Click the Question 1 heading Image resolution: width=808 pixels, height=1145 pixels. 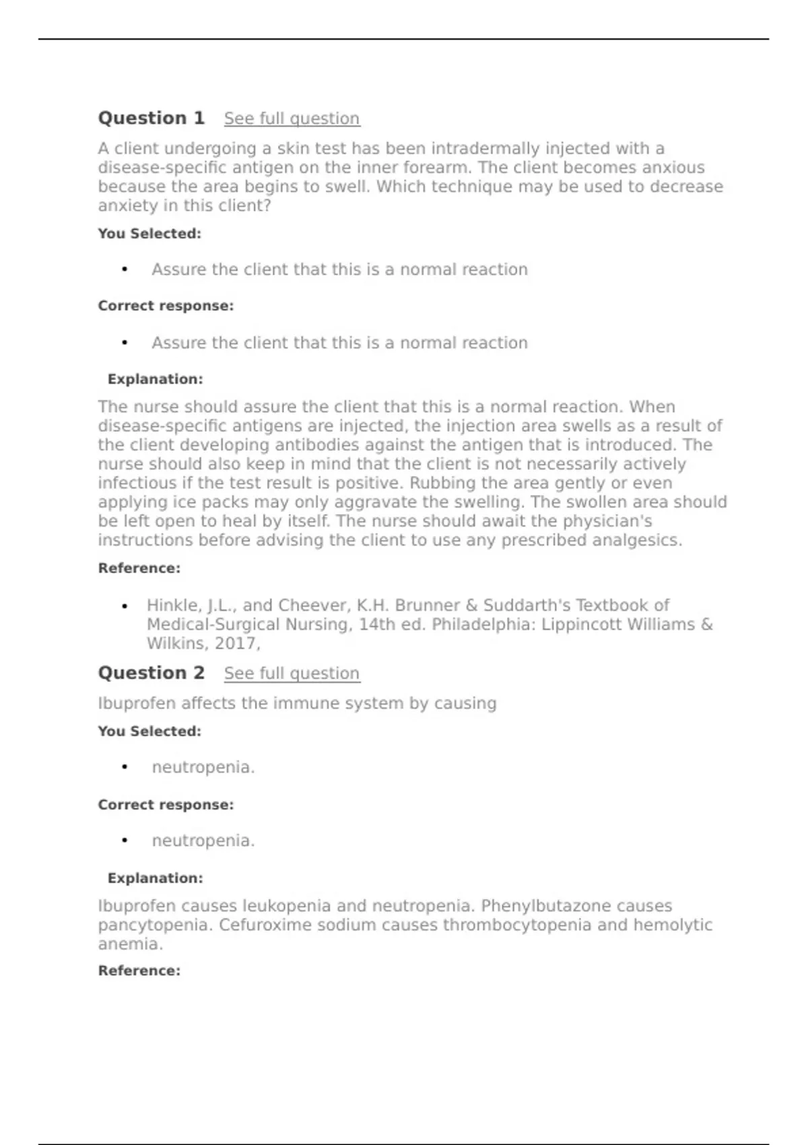coord(151,118)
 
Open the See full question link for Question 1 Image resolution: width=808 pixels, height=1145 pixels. coord(292,119)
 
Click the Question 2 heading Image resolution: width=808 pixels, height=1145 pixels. coord(151,673)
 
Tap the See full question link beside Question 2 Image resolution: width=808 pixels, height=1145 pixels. coord(292,674)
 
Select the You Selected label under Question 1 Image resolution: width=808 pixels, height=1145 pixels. coord(149,234)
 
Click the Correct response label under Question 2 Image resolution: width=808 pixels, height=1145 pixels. coord(166,805)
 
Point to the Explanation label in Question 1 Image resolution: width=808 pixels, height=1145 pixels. coord(155,379)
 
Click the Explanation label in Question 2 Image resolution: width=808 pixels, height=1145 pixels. coord(155,878)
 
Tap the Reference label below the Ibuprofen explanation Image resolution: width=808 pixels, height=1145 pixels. coord(139,971)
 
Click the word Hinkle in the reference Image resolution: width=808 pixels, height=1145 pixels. coord(172,606)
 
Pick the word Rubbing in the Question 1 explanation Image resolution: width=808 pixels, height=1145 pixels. coord(441,483)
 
